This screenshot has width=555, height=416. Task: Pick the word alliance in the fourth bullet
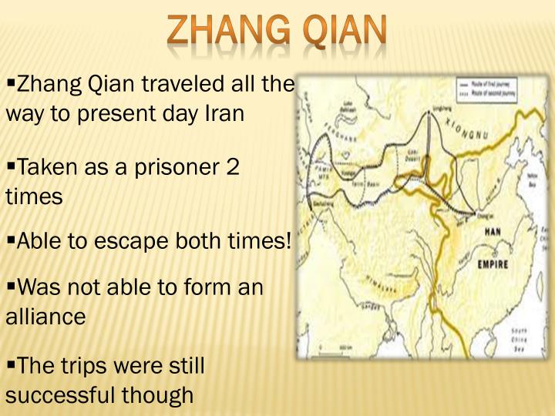point(45,316)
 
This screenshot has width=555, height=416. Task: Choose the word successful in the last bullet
point(62,395)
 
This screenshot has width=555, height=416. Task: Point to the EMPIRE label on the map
point(493,263)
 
